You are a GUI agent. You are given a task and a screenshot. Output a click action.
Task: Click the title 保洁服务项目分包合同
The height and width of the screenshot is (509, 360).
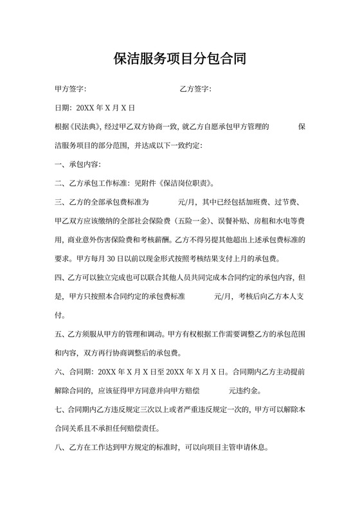click(x=179, y=60)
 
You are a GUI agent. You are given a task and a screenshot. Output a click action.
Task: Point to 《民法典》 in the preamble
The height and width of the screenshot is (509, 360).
click(x=86, y=127)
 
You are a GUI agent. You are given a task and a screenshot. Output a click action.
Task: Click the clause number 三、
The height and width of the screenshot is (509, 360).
click(x=62, y=202)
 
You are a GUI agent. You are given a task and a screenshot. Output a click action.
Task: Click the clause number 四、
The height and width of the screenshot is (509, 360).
click(x=62, y=278)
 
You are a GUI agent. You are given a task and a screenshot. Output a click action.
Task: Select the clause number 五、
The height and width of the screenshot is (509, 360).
click(x=62, y=334)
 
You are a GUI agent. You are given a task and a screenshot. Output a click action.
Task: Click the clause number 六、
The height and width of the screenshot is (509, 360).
click(x=62, y=372)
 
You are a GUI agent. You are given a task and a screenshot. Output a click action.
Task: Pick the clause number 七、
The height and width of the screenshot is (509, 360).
click(x=62, y=410)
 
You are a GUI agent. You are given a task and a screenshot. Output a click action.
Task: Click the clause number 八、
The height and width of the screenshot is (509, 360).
click(x=62, y=448)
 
